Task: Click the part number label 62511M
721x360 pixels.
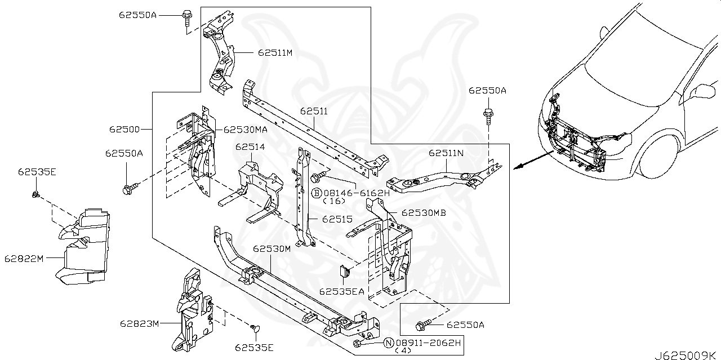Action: point(276,53)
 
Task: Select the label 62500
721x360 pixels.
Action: point(124,130)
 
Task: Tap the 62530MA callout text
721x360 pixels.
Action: point(245,130)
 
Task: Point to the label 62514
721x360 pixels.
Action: point(250,147)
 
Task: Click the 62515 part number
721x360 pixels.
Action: point(337,218)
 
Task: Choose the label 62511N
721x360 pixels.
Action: point(446,153)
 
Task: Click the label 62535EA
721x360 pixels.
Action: point(341,292)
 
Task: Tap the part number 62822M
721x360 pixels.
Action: point(24,259)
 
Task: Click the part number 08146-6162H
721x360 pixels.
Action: point(357,193)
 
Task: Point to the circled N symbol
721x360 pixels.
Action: point(388,342)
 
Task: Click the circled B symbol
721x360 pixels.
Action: point(317,193)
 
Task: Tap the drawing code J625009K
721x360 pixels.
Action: point(686,355)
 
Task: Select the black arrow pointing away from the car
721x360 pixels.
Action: point(532,160)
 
